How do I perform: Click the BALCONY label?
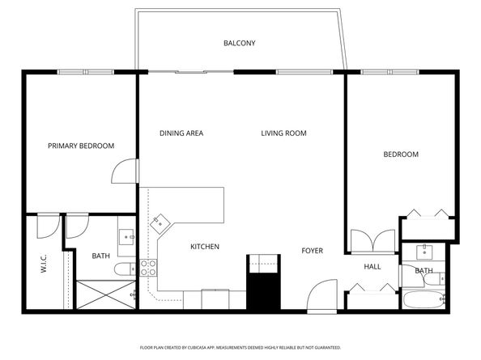click(x=240, y=43)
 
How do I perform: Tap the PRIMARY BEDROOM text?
click(x=81, y=146)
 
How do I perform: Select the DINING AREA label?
click(x=181, y=133)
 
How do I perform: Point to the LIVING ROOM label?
click(x=283, y=133)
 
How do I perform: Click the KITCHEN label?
click(x=205, y=247)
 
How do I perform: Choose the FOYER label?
click(x=313, y=251)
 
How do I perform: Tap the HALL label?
click(x=372, y=266)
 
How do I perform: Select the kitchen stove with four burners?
click(x=148, y=268)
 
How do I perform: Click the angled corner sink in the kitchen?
click(x=162, y=221)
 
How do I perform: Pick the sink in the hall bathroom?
click(x=423, y=251)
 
